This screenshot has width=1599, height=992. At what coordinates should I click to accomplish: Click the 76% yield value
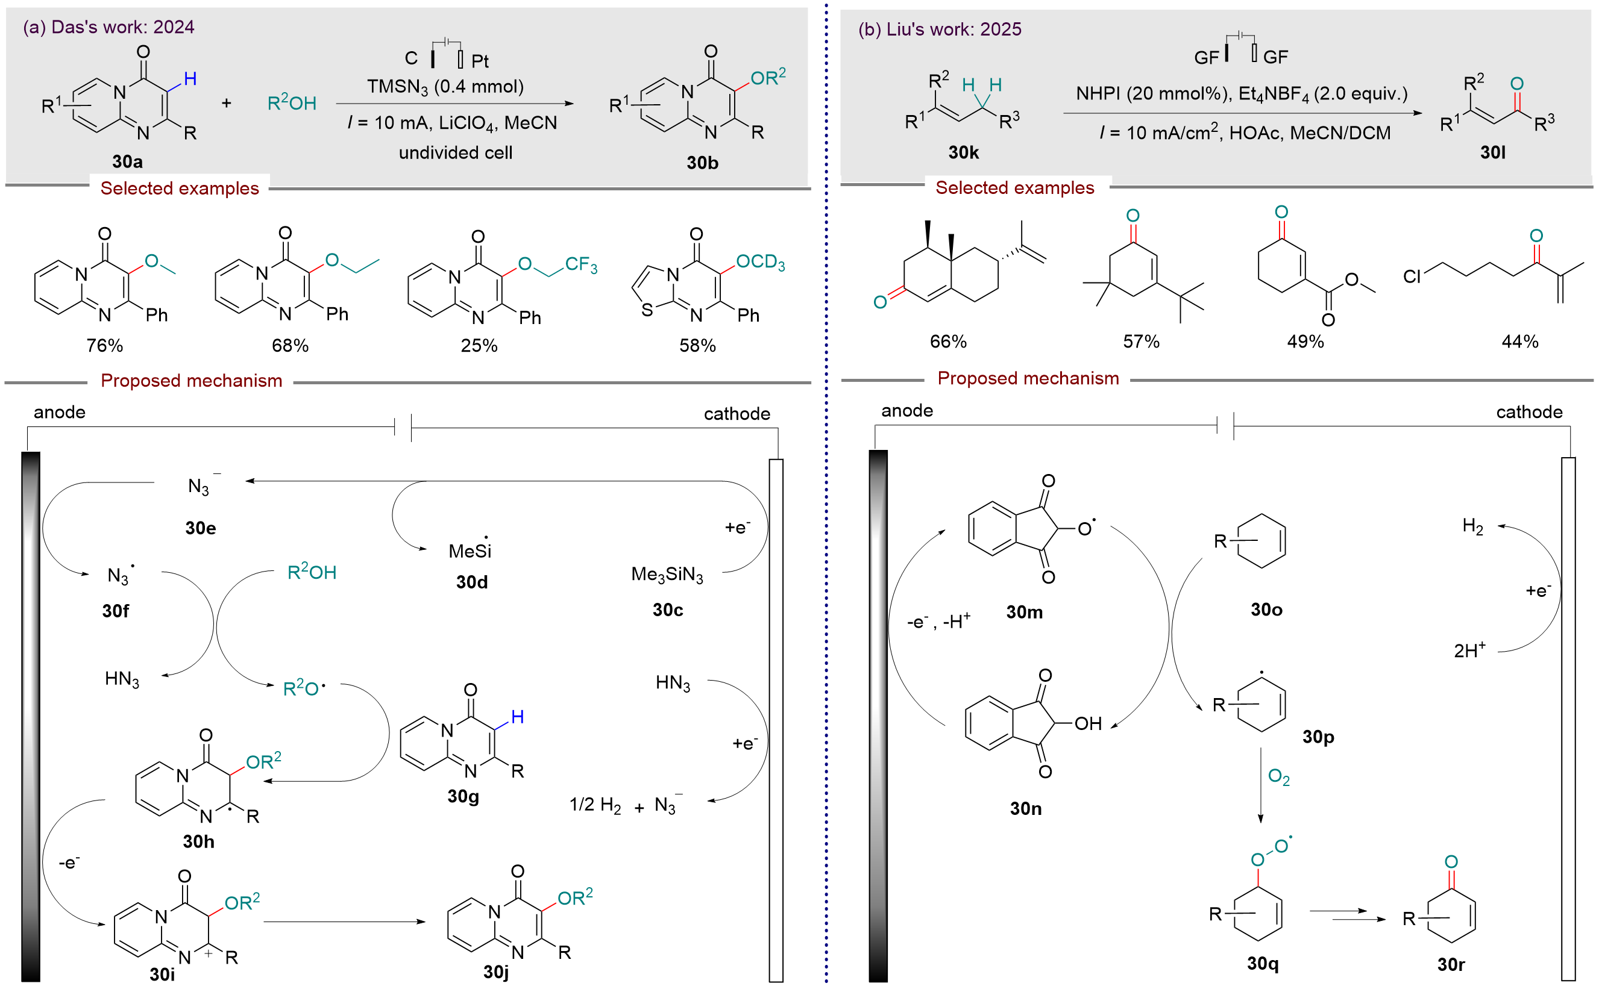(x=104, y=345)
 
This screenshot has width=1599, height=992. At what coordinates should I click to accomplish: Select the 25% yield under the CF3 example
(x=479, y=345)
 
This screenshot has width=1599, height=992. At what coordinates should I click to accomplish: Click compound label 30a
(x=127, y=161)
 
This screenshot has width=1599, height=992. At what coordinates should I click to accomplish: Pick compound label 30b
(x=702, y=163)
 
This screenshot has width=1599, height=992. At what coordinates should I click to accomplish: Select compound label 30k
(x=963, y=152)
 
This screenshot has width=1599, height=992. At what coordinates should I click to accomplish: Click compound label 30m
(x=1024, y=612)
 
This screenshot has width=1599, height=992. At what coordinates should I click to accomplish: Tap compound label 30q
(x=1262, y=963)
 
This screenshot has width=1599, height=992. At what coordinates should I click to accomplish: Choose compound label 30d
(x=471, y=582)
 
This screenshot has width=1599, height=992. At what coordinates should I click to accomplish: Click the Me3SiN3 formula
(x=667, y=575)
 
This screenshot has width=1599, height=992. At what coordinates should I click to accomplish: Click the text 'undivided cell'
(x=456, y=153)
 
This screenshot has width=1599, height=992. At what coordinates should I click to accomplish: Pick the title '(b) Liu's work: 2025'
(x=939, y=29)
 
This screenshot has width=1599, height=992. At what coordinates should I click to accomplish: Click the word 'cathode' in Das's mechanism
(x=737, y=413)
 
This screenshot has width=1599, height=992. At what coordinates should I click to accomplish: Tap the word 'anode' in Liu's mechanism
(x=906, y=411)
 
